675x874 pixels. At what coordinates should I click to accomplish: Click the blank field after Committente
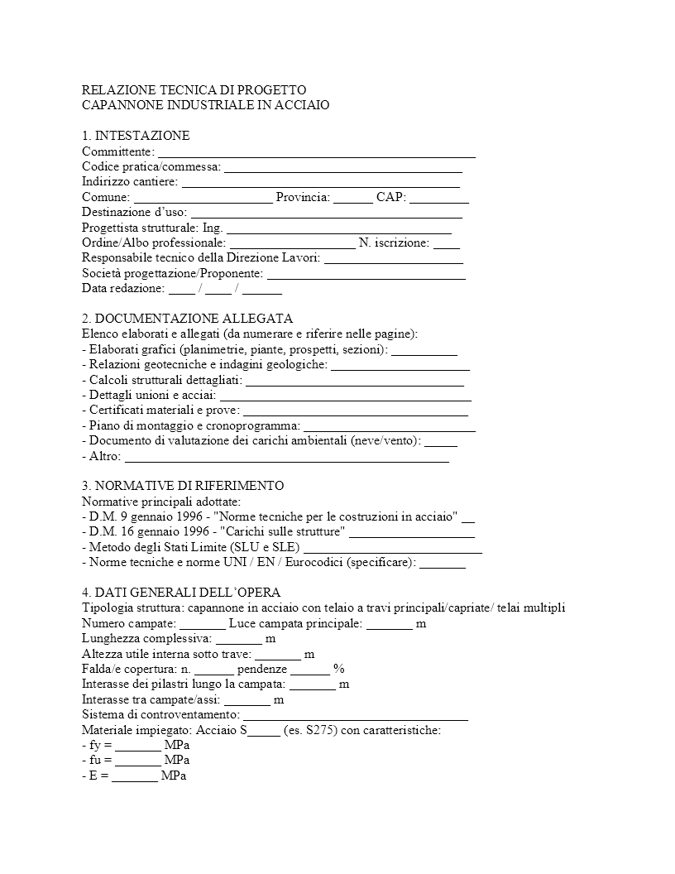coord(316,152)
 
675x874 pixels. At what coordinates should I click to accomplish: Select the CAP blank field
coord(439,198)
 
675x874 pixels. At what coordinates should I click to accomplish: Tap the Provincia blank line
coord(353,198)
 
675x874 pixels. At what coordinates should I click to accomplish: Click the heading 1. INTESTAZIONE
coord(136,136)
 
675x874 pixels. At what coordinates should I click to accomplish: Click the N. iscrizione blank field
coord(446,243)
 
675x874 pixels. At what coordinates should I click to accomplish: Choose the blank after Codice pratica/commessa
coord(342,167)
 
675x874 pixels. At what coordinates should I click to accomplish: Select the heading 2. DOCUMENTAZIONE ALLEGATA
coord(187,319)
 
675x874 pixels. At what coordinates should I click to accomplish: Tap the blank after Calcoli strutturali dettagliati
coord(355,380)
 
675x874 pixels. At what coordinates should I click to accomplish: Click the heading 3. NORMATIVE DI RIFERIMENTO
coord(183,486)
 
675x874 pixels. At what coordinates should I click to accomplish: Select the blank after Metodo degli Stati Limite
coord(393,547)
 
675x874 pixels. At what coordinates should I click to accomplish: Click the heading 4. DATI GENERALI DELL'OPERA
coord(181,593)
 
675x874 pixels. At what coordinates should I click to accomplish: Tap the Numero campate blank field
coord(203,623)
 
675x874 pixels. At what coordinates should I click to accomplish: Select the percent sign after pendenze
coord(338,669)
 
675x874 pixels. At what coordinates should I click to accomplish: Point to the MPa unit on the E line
coord(174,776)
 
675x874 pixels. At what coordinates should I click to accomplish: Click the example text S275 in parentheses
coord(318,731)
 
